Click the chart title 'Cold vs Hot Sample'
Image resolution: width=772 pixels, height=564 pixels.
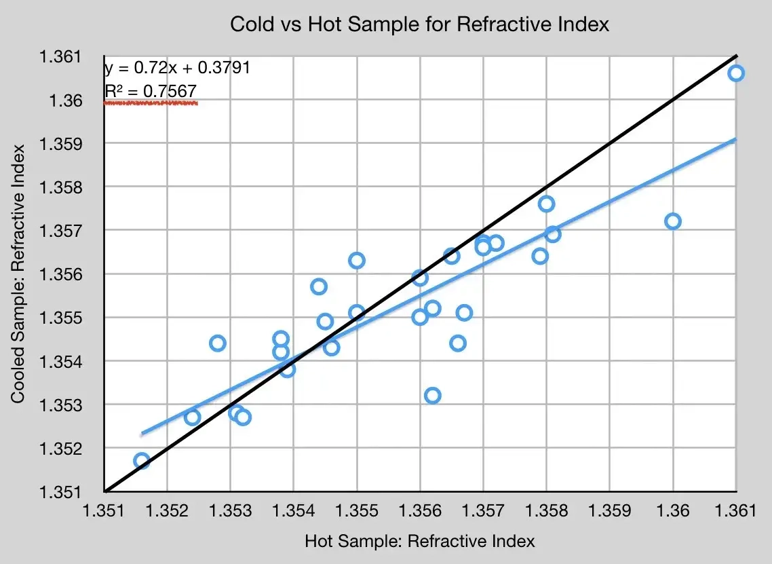pos(420,24)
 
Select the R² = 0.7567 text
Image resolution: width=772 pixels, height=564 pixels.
pos(151,91)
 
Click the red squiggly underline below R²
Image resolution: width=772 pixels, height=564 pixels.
pos(151,103)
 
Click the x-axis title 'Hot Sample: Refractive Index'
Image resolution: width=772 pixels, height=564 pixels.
pos(420,541)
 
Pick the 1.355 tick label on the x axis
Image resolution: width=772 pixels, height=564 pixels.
pos(357,511)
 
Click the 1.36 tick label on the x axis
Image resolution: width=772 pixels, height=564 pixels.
pos(673,511)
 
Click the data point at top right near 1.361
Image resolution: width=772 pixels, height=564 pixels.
pos(736,73)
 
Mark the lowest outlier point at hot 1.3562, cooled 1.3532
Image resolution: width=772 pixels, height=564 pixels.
pos(432,396)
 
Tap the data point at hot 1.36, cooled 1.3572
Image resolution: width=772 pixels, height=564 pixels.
pos(673,221)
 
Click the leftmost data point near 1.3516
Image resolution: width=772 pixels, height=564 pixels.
pos(142,462)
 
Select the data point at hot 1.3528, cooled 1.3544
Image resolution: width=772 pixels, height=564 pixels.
pos(218,343)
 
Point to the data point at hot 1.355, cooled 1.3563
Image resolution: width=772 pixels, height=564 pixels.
pos(357,261)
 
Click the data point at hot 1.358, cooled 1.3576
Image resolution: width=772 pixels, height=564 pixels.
pos(547,204)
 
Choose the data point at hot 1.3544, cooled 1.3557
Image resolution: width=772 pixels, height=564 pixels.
pos(319,286)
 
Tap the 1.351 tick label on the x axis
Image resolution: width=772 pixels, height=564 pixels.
pos(105,511)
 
